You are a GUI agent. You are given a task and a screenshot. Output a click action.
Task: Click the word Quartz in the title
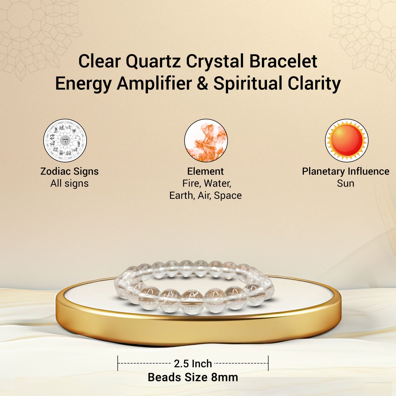[153, 62]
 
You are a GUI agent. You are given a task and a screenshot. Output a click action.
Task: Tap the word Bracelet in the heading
[283, 61]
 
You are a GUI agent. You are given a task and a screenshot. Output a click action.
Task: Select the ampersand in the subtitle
[202, 83]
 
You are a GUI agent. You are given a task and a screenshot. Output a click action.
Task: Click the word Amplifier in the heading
[154, 84]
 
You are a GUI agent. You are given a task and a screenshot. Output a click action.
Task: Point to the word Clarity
[314, 84]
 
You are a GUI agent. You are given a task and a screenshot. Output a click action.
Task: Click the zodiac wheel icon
[65, 140]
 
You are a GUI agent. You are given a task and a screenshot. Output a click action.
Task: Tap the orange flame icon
[206, 140]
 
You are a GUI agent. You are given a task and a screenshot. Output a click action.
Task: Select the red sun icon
[347, 140]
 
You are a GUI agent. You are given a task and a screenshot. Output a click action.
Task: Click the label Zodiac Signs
[69, 172]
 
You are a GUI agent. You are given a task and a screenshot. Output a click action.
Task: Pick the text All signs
[69, 183]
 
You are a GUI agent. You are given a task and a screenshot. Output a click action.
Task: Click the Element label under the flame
[205, 171]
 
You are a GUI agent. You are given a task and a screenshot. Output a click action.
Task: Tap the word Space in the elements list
[228, 196]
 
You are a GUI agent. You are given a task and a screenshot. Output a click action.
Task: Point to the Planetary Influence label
[346, 172]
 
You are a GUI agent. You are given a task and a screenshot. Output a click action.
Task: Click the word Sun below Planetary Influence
[346, 183]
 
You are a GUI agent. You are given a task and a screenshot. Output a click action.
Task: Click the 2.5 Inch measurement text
[193, 364]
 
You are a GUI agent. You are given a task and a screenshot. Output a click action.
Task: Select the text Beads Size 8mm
[193, 377]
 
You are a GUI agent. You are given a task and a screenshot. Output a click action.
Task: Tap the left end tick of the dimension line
[118, 363]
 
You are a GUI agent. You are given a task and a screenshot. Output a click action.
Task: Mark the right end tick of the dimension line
[268, 363]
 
